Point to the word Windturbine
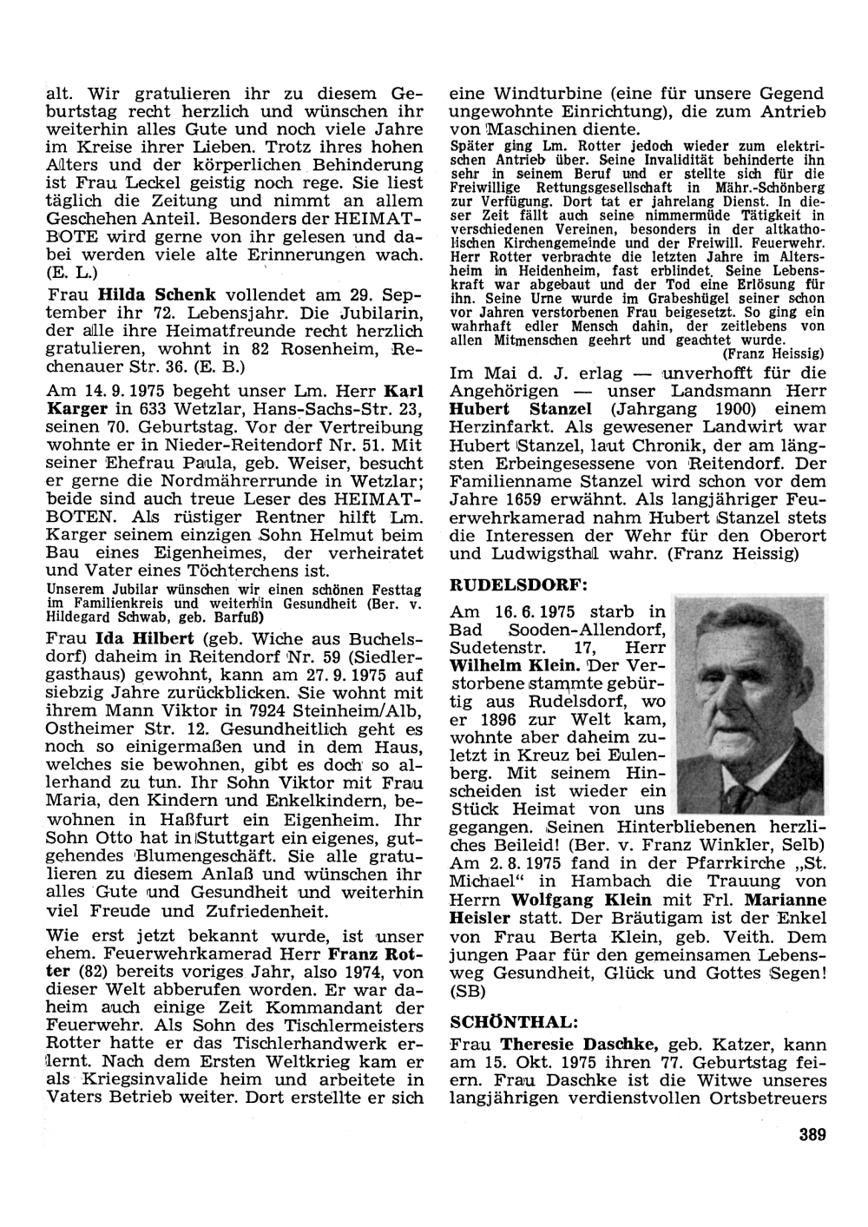point(547,93)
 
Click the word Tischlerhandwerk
point(294,1043)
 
